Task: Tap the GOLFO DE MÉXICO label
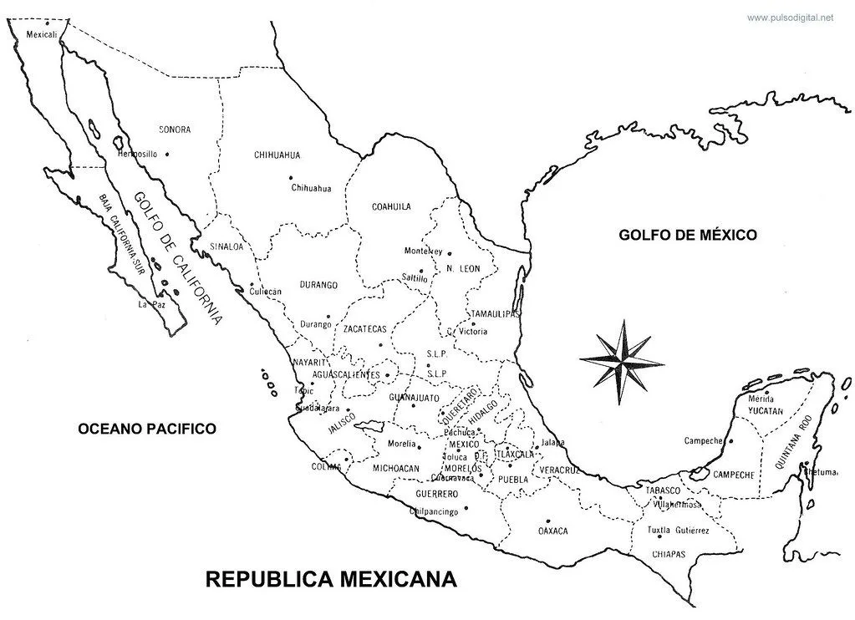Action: pos(688,235)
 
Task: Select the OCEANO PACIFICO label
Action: pos(147,429)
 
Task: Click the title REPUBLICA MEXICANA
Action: pos(332,579)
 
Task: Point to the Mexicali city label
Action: pos(42,35)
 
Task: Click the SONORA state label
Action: pos(175,130)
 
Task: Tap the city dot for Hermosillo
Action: pos(168,154)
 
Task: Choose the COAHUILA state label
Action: pos(391,206)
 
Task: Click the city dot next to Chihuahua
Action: pos(291,177)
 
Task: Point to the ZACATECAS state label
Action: pos(365,329)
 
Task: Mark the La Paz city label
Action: pos(148,305)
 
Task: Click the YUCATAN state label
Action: pos(766,411)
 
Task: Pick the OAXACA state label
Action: pos(553,531)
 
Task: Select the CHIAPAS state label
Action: pos(668,554)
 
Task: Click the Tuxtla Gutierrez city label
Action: pos(678,531)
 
